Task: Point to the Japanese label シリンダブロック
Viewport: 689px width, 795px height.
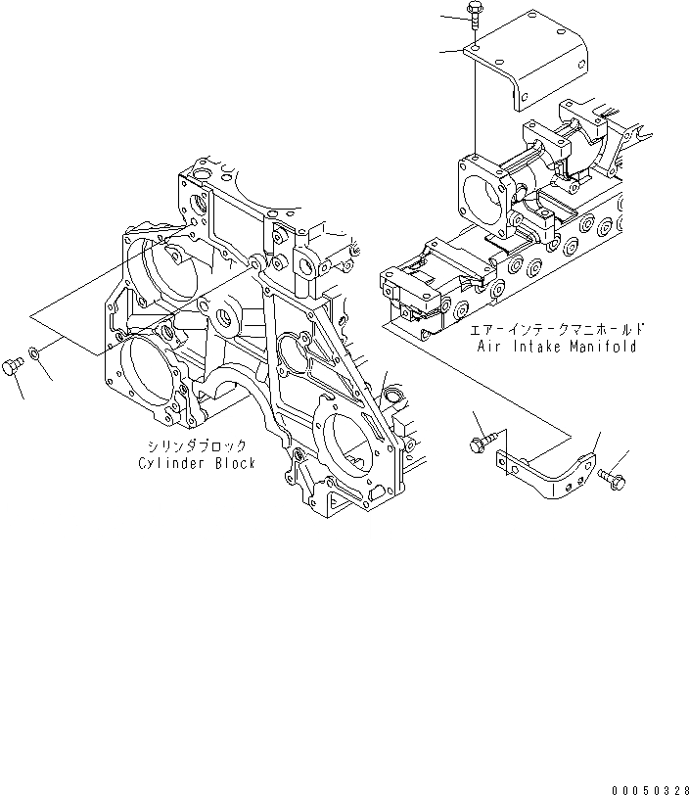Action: (196, 446)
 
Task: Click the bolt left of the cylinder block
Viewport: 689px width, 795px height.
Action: (12, 366)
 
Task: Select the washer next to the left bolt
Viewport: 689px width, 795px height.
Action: (34, 352)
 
